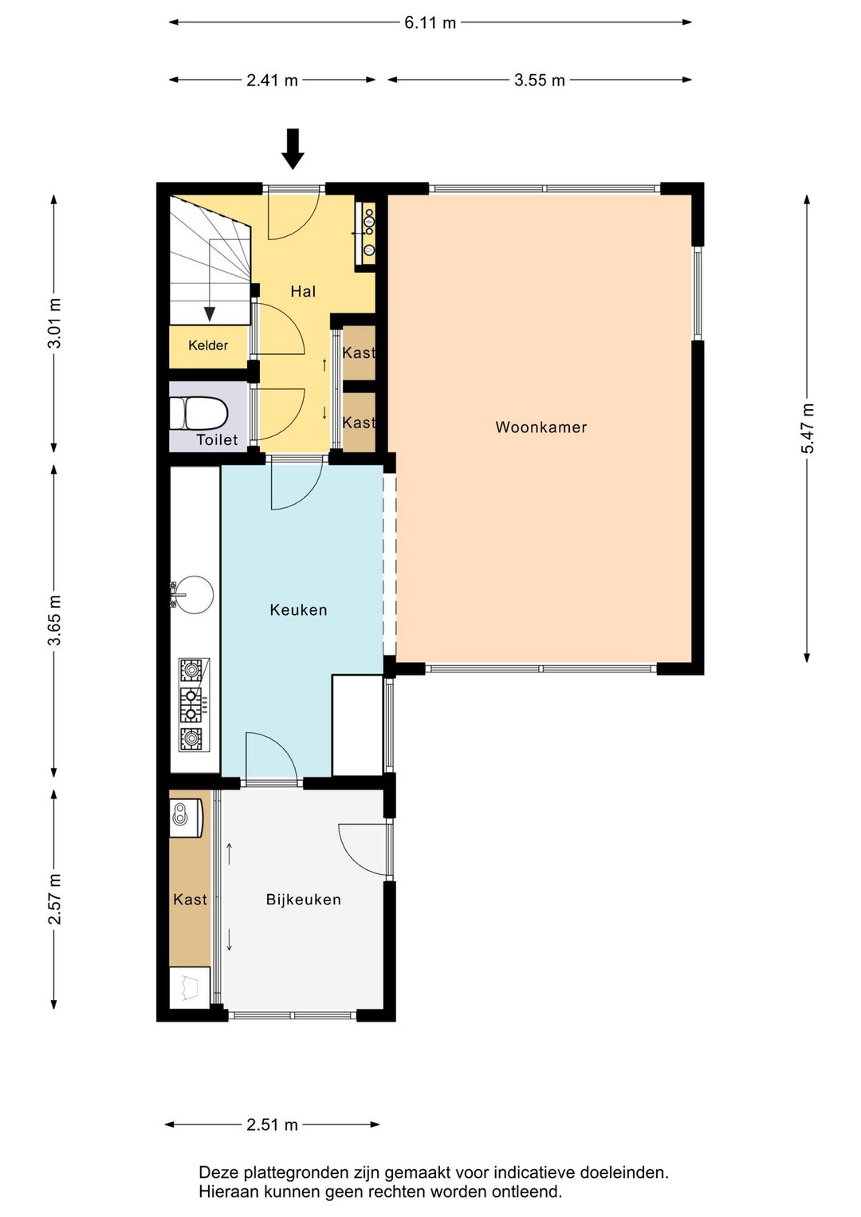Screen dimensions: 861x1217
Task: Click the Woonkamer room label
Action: tap(541, 427)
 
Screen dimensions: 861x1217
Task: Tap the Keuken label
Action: tap(299, 610)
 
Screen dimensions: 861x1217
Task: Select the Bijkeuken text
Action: tap(304, 900)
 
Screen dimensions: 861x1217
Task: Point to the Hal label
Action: tap(303, 292)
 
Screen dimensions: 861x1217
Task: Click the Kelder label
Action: tap(208, 345)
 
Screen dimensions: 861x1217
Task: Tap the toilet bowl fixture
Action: tap(198, 413)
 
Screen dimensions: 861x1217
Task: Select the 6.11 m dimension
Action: tap(431, 23)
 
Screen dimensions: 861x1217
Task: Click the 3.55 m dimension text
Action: tap(540, 81)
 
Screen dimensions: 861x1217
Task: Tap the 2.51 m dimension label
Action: tap(272, 1124)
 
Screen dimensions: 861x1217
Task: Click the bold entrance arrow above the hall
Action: tap(293, 149)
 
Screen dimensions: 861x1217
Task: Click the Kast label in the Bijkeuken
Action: tap(190, 900)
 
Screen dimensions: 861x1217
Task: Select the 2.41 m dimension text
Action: tap(272, 81)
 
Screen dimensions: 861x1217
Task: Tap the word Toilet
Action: tap(218, 439)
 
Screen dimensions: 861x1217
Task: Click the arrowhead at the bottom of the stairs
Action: tap(210, 314)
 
